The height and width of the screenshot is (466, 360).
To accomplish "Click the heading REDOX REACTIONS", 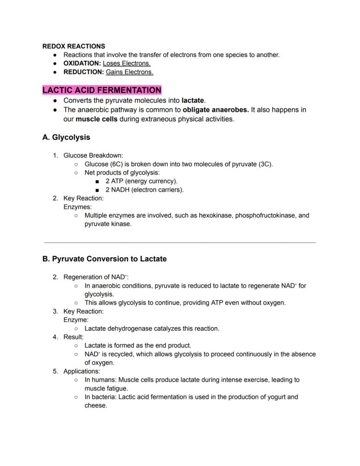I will pyautogui.click(x=73, y=46).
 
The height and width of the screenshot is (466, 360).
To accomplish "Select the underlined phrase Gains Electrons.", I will pyautogui.click(x=130, y=72).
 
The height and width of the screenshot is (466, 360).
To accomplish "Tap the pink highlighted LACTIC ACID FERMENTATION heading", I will pyautogui.click(x=102, y=90).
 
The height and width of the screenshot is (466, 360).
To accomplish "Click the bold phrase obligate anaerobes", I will pyautogui.click(x=216, y=110).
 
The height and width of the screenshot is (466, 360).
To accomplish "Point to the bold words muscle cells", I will pyautogui.click(x=97, y=119).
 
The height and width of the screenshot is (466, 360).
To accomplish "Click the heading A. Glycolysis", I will pyautogui.click(x=66, y=137).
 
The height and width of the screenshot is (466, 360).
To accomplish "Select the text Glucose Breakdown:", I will pyautogui.click(x=93, y=155).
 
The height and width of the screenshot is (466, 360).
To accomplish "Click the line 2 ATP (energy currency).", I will pyautogui.click(x=141, y=181).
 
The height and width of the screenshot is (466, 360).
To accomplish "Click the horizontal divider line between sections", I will pyautogui.click(x=180, y=242).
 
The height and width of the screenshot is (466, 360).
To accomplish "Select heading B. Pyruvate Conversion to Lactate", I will pyautogui.click(x=104, y=259).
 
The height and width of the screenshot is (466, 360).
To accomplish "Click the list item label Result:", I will pyautogui.click(x=73, y=337).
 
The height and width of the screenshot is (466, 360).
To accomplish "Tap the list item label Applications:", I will pyautogui.click(x=82, y=371).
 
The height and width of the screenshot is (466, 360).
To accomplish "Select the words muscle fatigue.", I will pyautogui.click(x=106, y=389).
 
